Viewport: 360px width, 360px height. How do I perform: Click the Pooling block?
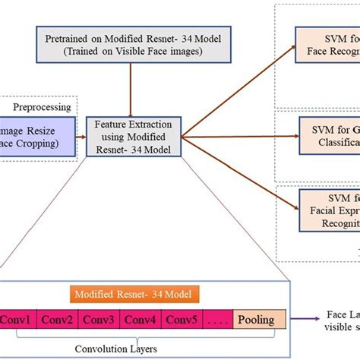pos(256,320)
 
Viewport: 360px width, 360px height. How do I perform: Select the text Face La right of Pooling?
pos(341,314)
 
